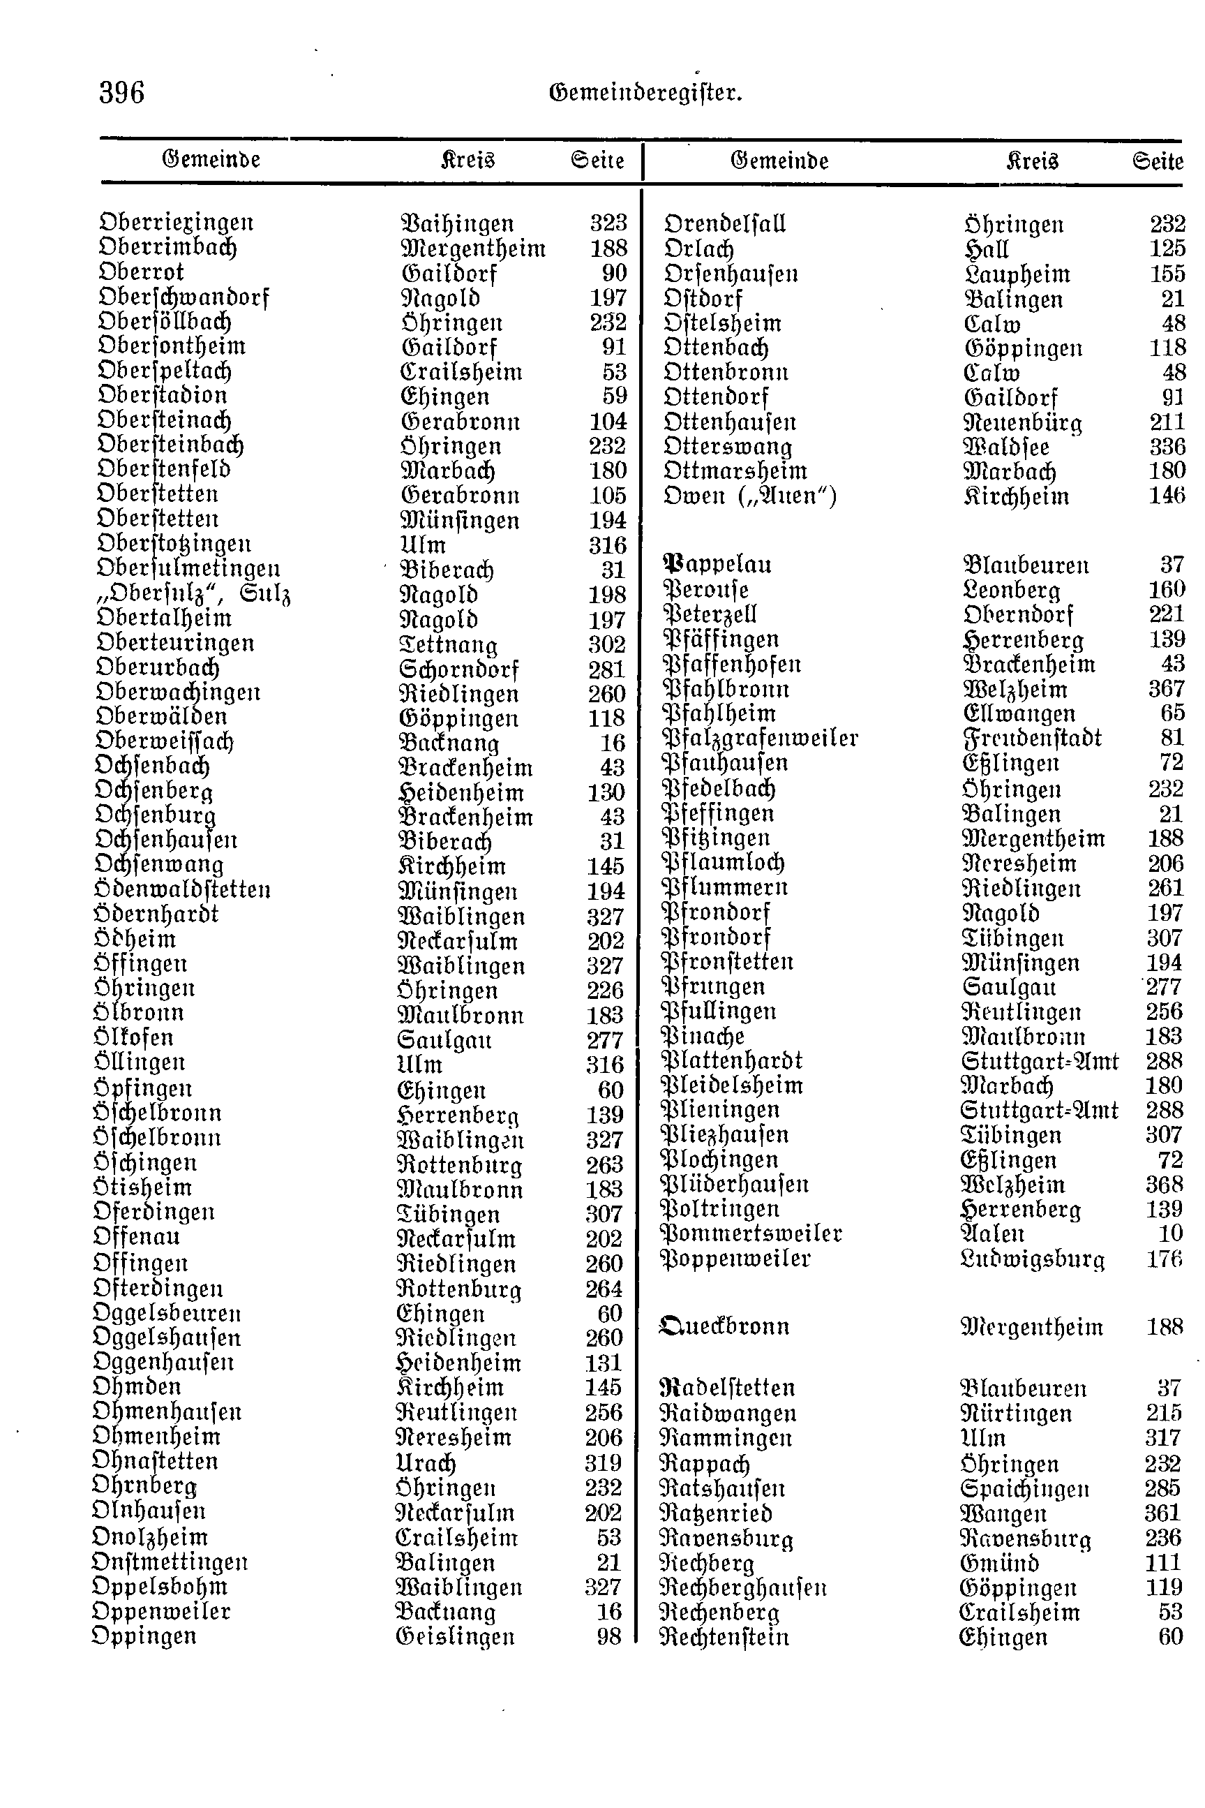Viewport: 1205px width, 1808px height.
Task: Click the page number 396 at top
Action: coord(121,93)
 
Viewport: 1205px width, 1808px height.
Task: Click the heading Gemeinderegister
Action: coord(645,94)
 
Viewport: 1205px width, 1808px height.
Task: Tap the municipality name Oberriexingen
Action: coord(177,223)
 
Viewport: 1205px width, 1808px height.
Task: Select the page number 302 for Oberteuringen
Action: coord(607,644)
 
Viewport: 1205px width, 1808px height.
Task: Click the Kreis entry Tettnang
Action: coord(449,645)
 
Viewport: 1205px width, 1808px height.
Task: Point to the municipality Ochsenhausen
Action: coord(166,840)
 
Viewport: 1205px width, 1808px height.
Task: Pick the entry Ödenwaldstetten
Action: coord(182,890)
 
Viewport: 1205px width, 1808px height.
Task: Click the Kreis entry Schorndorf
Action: coord(460,669)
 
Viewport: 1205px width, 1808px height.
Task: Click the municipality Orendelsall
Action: coord(725,225)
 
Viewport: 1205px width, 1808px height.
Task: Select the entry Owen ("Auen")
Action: coord(750,496)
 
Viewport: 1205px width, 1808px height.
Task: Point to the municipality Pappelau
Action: coord(717,565)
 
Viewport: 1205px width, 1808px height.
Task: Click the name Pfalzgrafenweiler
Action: coord(759,739)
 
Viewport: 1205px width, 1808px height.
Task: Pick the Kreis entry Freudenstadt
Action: coord(1031,739)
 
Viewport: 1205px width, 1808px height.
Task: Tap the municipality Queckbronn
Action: coord(725,1327)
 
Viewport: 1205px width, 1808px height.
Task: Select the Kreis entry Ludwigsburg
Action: coord(1032,1259)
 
